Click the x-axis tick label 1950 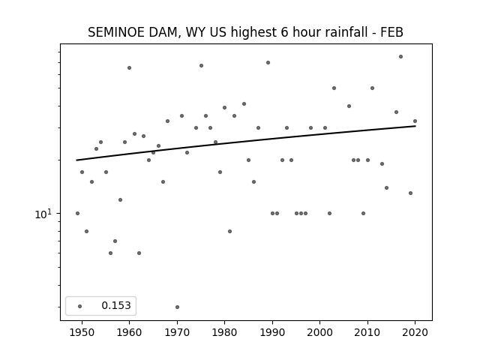(82, 332)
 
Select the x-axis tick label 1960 (129, 332)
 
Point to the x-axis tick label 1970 (177, 332)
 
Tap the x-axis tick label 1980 (224, 332)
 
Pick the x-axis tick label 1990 (272, 332)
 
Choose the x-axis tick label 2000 (319, 332)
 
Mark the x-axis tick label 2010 (367, 332)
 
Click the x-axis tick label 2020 (415, 332)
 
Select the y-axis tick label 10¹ (43, 214)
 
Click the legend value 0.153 (116, 305)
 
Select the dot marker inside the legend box (79, 306)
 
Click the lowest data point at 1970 (177, 307)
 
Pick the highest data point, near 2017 (400, 57)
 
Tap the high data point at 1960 (129, 68)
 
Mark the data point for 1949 (77, 213)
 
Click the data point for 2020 (415, 121)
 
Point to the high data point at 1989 (268, 63)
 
